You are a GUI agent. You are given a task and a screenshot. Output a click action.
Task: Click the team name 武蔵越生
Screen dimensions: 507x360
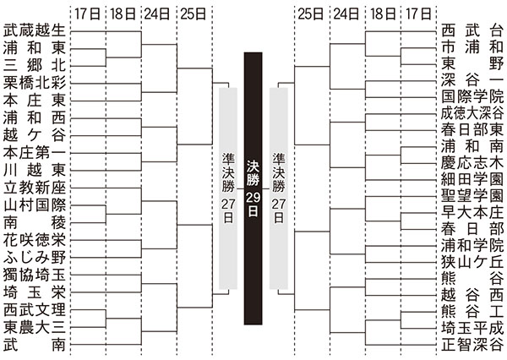click(35, 31)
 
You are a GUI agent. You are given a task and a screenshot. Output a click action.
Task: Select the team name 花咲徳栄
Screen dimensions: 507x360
click(35, 240)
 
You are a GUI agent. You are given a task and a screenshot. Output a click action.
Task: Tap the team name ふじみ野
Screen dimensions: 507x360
click(35, 258)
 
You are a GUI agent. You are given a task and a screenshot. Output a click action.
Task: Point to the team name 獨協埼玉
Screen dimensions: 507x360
click(35, 275)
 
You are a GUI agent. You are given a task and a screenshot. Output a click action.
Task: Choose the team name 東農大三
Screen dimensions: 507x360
click(35, 327)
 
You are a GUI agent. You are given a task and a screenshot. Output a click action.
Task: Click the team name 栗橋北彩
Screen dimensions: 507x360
click(35, 84)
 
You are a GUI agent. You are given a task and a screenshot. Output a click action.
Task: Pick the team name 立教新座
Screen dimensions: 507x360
click(35, 188)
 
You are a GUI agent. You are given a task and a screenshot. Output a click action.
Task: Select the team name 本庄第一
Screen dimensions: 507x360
click(35, 153)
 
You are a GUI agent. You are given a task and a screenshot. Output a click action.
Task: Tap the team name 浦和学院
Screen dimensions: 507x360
click(472, 246)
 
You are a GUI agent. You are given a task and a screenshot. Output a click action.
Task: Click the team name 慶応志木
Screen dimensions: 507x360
click(472, 163)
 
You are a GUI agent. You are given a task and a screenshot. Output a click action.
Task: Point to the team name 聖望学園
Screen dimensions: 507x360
click(472, 196)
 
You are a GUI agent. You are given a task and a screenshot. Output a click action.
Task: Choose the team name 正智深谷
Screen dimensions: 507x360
click(472, 345)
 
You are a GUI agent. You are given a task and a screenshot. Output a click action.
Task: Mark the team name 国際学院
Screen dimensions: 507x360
click(472, 97)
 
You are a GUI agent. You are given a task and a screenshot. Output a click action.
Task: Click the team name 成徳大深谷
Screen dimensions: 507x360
click(472, 113)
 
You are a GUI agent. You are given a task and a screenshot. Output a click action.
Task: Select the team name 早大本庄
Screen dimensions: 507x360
click(472, 212)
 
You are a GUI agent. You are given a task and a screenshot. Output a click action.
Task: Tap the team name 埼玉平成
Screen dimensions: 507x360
click(472, 328)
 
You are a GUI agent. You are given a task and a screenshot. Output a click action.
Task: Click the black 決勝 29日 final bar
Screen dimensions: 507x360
click(253, 188)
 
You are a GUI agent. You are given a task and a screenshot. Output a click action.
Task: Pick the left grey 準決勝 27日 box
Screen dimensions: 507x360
click(228, 188)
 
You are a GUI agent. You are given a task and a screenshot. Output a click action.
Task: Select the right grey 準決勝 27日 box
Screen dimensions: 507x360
click(279, 188)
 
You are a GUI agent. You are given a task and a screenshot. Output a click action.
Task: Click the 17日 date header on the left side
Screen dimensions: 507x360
click(88, 14)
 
